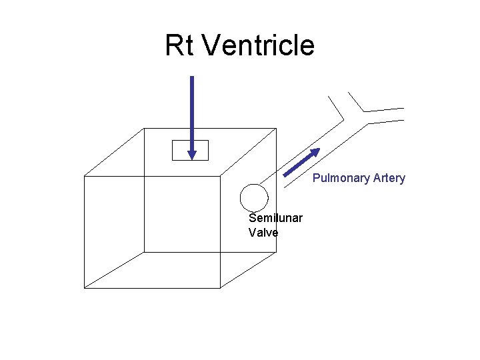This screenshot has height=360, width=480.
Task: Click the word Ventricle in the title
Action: click(x=257, y=45)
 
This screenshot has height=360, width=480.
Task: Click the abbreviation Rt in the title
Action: click(x=179, y=45)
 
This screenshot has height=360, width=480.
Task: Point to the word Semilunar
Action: click(x=275, y=218)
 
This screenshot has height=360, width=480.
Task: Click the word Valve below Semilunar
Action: click(x=263, y=232)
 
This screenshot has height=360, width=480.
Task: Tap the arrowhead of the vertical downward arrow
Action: click(x=192, y=155)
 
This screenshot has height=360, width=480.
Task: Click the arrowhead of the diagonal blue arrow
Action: click(x=315, y=151)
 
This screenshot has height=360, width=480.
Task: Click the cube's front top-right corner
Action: click(x=221, y=175)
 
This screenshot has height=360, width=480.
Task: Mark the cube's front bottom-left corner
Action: click(x=84, y=288)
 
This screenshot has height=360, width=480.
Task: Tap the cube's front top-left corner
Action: click(x=84, y=175)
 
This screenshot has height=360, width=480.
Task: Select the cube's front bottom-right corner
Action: click(x=221, y=288)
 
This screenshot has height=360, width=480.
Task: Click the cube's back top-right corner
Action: click(x=276, y=129)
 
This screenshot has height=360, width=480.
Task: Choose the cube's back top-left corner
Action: click(x=145, y=129)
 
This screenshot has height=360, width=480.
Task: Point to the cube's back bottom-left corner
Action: click(x=145, y=252)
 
